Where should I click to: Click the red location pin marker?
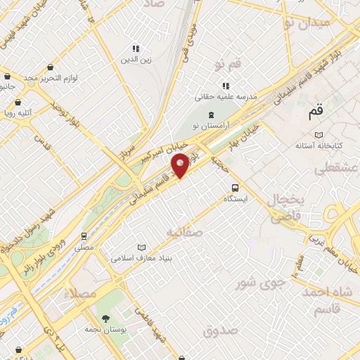181,165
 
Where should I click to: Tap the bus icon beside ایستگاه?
235,188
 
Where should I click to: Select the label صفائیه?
186,231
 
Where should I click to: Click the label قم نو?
228,65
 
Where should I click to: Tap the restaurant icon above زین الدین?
136,49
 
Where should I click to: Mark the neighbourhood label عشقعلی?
335,168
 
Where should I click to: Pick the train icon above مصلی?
84,236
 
